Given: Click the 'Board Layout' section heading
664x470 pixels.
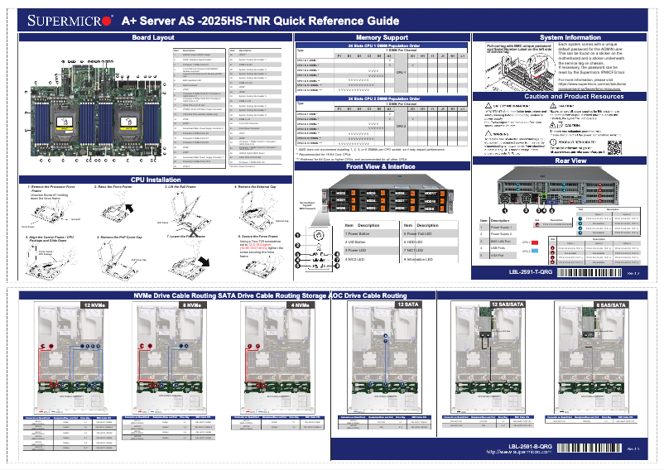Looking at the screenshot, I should pyautogui.click(x=153, y=38).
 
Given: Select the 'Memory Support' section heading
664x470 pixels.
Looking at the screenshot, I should pyautogui.click(x=381, y=38).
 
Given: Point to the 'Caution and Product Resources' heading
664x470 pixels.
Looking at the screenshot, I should pyautogui.click(x=568, y=97).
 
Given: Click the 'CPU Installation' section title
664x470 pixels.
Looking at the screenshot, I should pyautogui.click(x=153, y=180).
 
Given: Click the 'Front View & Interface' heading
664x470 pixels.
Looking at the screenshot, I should pyautogui.click(x=381, y=166).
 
